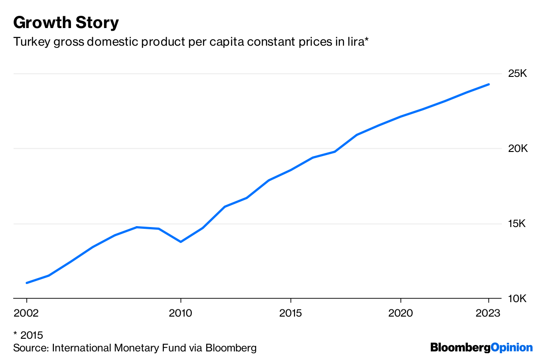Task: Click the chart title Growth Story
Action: [x=66, y=22]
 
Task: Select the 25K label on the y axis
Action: [x=518, y=73]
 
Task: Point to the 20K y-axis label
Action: [x=518, y=148]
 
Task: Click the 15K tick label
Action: [x=518, y=224]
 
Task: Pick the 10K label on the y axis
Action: [x=518, y=299]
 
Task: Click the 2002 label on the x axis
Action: [x=27, y=313]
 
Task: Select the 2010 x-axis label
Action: [x=181, y=313]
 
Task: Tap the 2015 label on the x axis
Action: [x=291, y=313]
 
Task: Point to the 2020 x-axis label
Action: [x=400, y=313]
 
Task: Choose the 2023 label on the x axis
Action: [x=488, y=313]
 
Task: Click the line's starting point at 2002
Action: [x=27, y=283]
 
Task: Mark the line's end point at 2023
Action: [x=489, y=84]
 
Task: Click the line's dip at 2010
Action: [x=181, y=242]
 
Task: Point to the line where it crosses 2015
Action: [x=291, y=170]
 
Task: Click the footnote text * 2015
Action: [x=28, y=335]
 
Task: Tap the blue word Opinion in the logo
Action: [x=512, y=347]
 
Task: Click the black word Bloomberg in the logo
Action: [x=460, y=347]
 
